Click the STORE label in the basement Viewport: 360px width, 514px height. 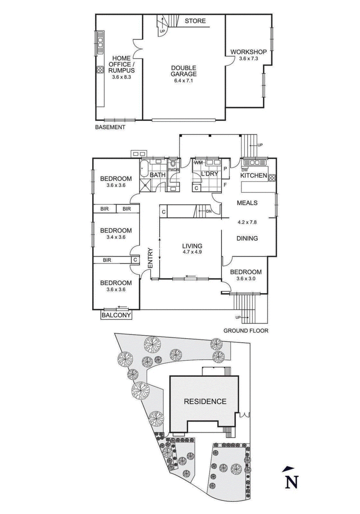[195, 21]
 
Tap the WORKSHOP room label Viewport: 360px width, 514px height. [249, 52]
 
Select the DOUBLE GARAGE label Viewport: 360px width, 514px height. [184, 71]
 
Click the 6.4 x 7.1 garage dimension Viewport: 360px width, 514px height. [184, 81]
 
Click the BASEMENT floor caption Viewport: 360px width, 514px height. [110, 127]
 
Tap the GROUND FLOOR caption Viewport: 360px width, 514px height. [246, 331]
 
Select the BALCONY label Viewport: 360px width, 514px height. [117, 316]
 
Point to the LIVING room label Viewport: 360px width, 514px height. [192, 246]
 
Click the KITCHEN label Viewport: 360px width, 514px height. [254, 176]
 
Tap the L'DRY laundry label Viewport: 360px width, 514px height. [209, 174]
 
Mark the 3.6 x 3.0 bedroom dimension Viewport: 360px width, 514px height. [246, 279]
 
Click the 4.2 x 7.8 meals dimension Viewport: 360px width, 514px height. [247, 221]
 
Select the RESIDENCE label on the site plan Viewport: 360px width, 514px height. [205, 402]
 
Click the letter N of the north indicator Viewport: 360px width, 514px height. [292, 482]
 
